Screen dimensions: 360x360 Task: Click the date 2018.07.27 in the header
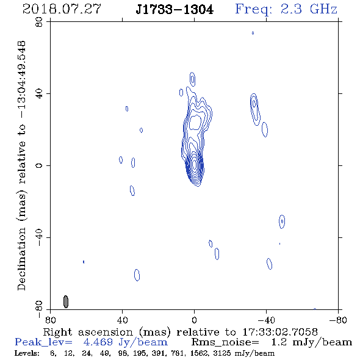[x=62, y=9]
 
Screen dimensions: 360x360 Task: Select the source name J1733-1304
[x=175, y=10]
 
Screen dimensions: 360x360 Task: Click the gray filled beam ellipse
[x=66, y=301]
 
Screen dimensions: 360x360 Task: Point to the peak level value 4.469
[x=98, y=342]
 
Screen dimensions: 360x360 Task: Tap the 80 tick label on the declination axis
[x=39, y=22]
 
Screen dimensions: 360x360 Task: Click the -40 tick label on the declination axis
[x=39, y=237]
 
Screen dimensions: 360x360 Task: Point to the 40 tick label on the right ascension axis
[x=122, y=320]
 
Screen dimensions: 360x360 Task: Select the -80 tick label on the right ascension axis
[x=338, y=320]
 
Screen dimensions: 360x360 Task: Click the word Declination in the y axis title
[x=21, y=259]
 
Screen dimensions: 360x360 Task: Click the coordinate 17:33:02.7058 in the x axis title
[x=280, y=332]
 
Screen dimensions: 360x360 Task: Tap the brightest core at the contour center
[x=195, y=164]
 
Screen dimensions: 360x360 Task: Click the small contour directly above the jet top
[x=192, y=79]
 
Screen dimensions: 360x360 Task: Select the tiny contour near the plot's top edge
[x=253, y=33]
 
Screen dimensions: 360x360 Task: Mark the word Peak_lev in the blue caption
[x=43, y=342]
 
